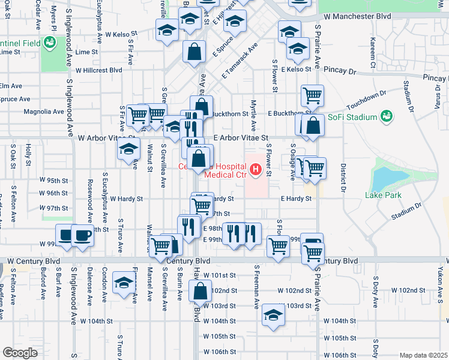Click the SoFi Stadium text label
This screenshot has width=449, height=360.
coord(349,116)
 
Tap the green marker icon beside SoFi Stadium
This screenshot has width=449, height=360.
coord(386,115)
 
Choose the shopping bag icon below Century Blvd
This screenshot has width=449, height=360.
coord(200,292)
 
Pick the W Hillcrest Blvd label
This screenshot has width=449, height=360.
coord(97,70)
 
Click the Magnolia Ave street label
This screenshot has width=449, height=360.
coord(43,112)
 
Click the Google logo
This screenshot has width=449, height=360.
coord(20,353)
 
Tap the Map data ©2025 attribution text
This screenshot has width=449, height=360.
coord(423,355)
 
